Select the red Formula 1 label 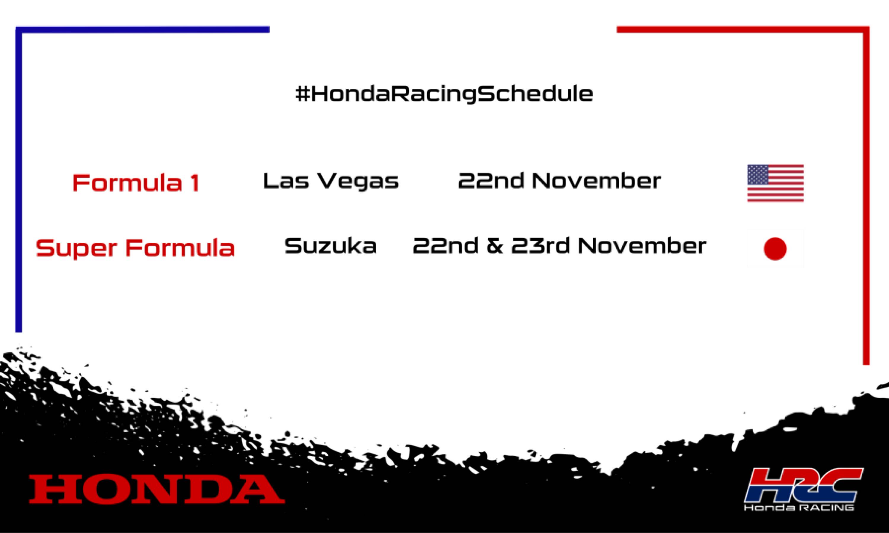click(x=136, y=182)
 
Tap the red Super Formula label click(x=135, y=248)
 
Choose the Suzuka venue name click(x=331, y=246)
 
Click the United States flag click(x=775, y=183)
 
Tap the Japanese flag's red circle click(x=775, y=248)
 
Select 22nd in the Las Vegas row click(x=491, y=181)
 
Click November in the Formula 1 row click(x=597, y=181)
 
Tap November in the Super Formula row click(x=642, y=246)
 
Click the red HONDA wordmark click(x=157, y=489)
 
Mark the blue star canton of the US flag click(x=757, y=174)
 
